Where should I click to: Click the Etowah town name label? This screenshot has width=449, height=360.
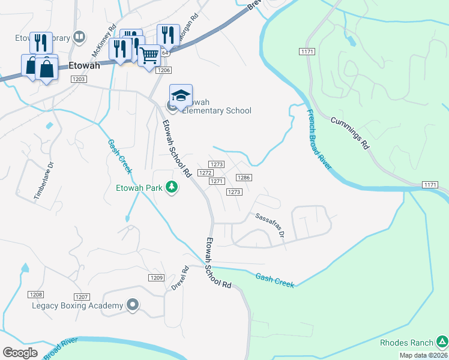(84, 66)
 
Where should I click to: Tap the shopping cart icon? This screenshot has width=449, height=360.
(149, 56)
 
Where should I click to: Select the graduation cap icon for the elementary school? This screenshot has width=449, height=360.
(181, 95)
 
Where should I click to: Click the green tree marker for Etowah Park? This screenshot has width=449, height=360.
(172, 187)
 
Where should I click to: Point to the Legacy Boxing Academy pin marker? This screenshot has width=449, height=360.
(133, 305)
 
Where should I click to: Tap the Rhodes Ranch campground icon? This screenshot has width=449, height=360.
(442, 343)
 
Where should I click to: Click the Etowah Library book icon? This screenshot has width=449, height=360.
(79, 38)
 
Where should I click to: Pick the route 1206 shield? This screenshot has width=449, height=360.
(163, 70)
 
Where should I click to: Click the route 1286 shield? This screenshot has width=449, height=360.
(243, 178)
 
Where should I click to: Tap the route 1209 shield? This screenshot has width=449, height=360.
(156, 278)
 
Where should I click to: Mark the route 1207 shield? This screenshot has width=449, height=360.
(82, 297)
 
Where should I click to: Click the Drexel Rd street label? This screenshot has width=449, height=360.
(179, 278)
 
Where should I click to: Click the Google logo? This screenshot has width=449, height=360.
(20, 352)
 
